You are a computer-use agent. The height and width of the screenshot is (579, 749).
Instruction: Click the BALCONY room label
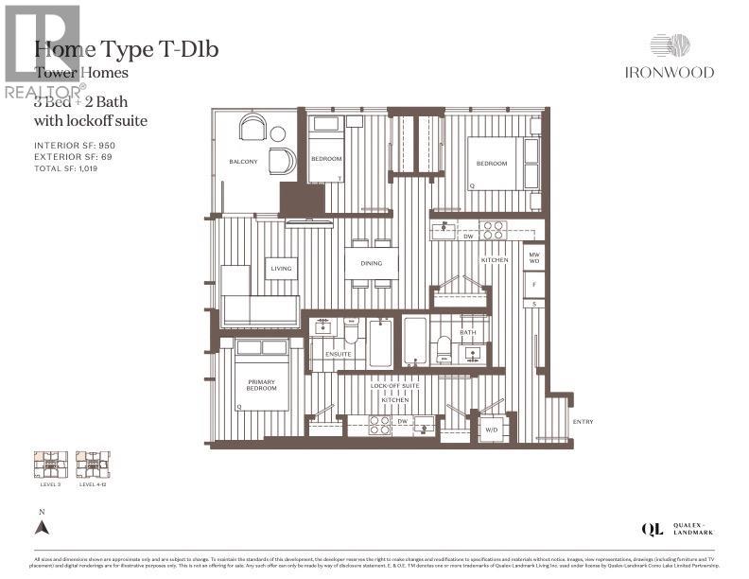(243, 162)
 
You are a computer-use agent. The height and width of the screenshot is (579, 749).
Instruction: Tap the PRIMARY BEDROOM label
(262, 384)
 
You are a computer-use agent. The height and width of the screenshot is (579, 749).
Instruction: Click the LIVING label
(281, 269)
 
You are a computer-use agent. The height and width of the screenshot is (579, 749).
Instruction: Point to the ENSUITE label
(338, 354)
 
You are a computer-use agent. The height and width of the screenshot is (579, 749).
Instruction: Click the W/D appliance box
(493, 430)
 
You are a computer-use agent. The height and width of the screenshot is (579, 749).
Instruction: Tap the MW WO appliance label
(534, 258)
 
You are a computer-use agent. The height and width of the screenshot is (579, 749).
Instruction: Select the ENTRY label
(583, 422)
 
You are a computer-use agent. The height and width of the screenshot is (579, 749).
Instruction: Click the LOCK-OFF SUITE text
(394, 387)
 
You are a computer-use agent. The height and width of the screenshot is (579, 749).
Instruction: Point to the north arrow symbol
(41, 531)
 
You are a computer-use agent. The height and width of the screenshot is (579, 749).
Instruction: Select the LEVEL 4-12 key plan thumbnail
(92, 465)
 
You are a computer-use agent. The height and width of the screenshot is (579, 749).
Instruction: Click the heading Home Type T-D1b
(126, 49)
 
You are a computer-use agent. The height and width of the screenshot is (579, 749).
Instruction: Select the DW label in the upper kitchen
(468, 237)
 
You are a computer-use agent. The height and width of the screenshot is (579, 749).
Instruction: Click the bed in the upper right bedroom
(492, 164)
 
